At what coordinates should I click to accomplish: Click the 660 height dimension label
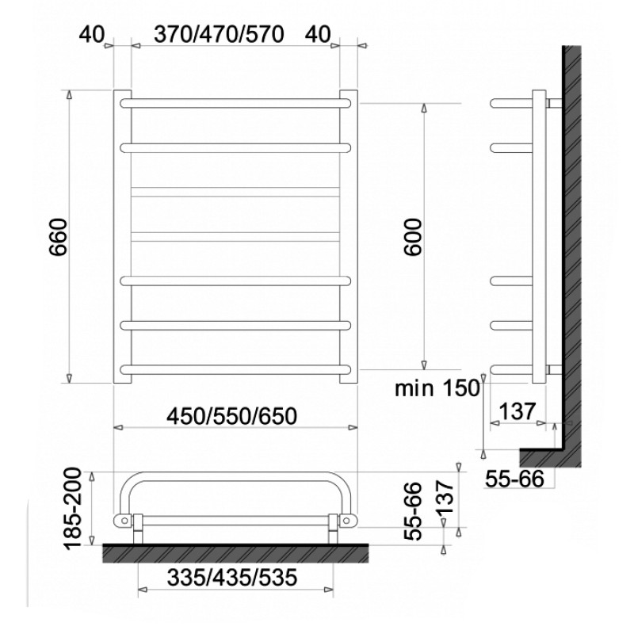tap(57, 237)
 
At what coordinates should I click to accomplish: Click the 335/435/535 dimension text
tap(232, 579)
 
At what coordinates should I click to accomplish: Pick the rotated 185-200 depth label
tap(74, 510)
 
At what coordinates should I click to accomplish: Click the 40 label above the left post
tap(92, 34)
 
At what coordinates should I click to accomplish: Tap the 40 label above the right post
tap(317, 34)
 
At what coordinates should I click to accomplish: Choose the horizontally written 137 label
tap(518, 411)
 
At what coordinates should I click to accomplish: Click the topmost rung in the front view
tap(235, 103)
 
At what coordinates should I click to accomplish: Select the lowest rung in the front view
tap(235, 369)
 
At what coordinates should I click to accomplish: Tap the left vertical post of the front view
tap(123, 237)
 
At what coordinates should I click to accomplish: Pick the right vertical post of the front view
tap(349, 237)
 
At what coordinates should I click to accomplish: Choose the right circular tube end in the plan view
tap(346, 520)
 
